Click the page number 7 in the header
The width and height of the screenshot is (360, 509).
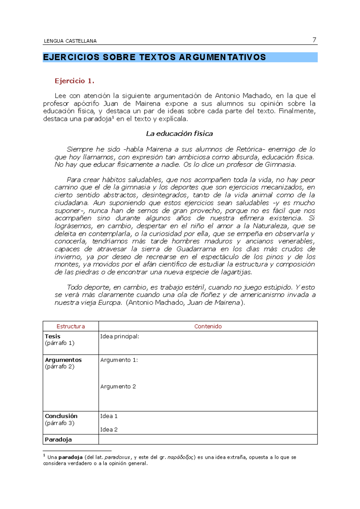pyautogui.click(x=314, y=40)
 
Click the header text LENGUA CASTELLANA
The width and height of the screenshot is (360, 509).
pyautogui.click(x=70, y=41)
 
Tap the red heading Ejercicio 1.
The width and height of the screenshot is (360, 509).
pyautogui.click(x=74, y=81)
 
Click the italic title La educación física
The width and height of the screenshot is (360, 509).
pyautogui.click(x=179, y=134)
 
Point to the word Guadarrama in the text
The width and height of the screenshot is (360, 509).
pyautogui.click(x=196, y=249)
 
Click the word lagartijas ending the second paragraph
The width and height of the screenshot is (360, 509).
pyautogui.click(x=236, y=272)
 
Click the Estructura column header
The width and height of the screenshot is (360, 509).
pyautogui.click(x=70, y=326)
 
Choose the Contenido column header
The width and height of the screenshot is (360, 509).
pyautogui.click(x=208, y=326)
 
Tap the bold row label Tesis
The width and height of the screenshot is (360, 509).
pyautogui.click(x=52, y=336)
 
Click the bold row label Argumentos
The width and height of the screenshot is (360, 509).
pyautogui.click(x=63, y=360)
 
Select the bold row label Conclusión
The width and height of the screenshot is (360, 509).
pyautogui.click(x=61, y=416)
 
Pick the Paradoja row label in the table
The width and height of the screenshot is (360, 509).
pyautogui.click(x=58, y=439)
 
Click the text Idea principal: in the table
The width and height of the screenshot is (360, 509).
pyautogui.click(x=119, y=336)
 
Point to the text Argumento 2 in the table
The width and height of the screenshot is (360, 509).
pyautogui.click(x=118, y=386)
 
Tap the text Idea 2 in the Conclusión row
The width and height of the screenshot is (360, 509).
pyautogui.click(x=109, y=430)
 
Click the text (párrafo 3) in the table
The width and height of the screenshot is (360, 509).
pyautogui.click(x=59, y=423)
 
